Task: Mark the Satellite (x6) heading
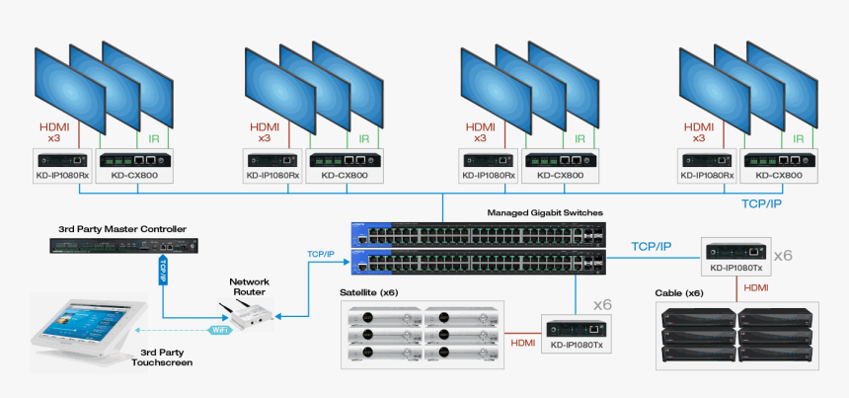(369, 292)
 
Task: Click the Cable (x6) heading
(679, 293)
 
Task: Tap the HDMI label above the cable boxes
(755, 287)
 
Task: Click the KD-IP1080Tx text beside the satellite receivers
(577, 345)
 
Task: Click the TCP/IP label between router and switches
(320, 254)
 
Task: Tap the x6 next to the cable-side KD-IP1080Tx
(782, 256)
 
